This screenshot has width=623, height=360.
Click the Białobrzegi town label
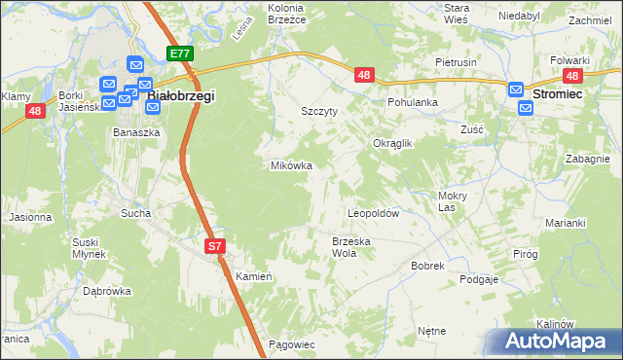click(x=180, y=96)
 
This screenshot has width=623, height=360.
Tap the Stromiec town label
click(x=559, y=91)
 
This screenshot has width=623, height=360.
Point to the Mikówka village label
click(x=291, y=165)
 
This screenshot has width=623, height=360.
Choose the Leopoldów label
click(x=375, y=212)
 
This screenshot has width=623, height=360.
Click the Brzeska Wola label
click(x=351, y=247)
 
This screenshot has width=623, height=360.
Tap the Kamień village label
click(x=252, y=276)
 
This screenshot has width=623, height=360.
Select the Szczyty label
click(x=319, y=112)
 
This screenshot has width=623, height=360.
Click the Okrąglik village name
click(x=393, y=143)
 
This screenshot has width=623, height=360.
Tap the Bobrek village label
click(x=427, y=265)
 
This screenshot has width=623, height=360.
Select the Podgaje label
click(x=479, y=279)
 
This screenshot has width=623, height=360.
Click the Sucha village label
click(x=134, y=211)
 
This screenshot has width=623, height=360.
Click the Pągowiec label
click(x=291, y=344)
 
